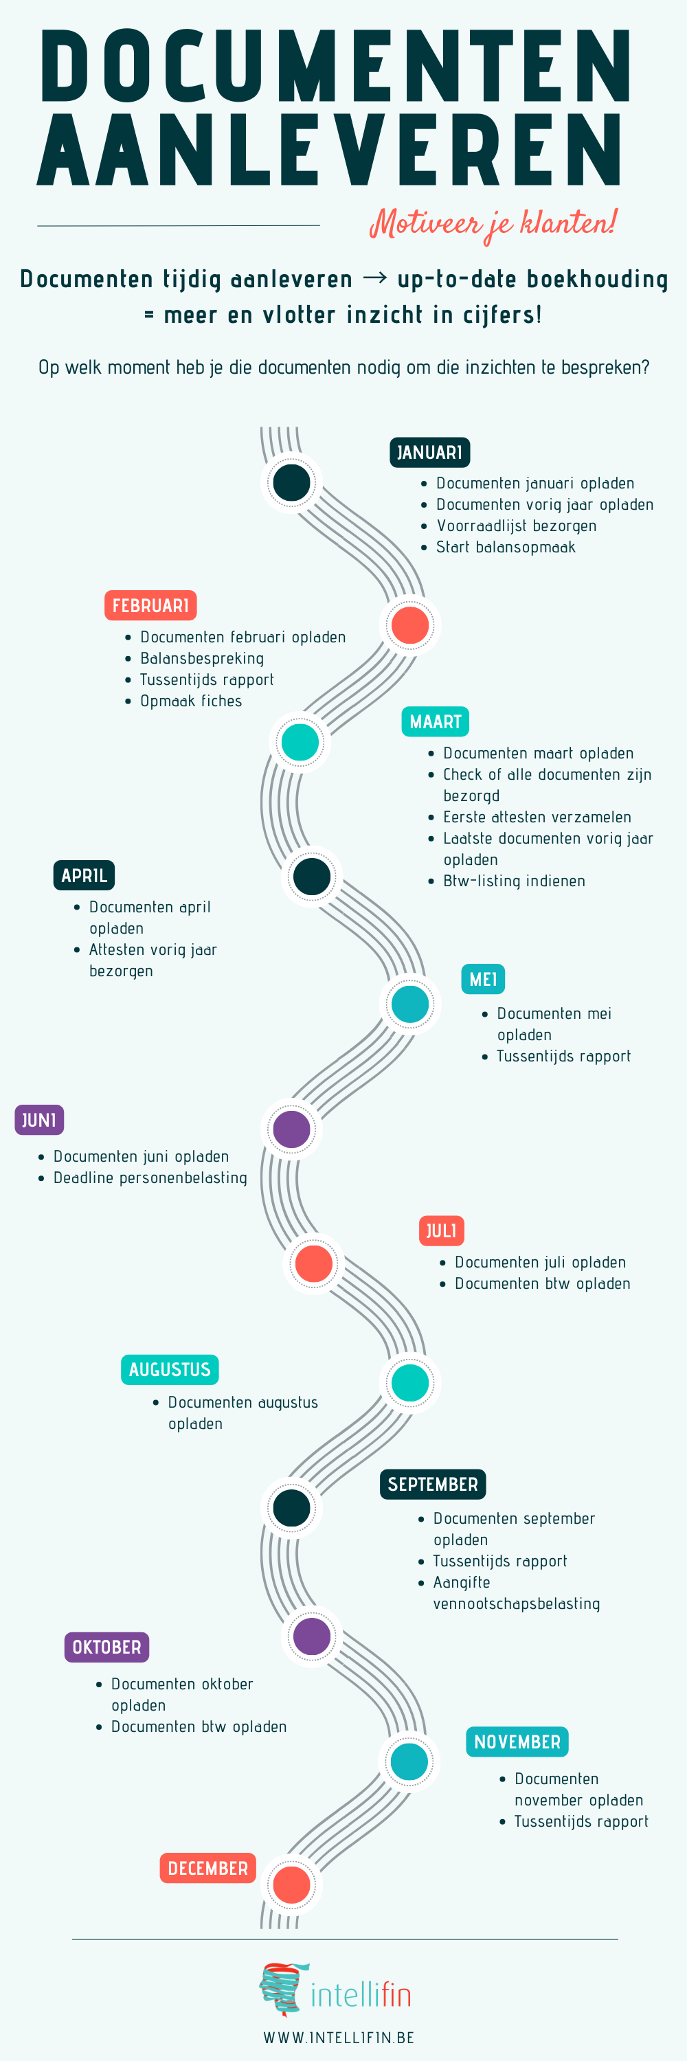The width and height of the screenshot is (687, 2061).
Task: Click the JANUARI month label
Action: click(429, 452)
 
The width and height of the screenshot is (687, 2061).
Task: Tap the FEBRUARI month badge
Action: click(150, 606)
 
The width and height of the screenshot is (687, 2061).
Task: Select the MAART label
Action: click(435, 721)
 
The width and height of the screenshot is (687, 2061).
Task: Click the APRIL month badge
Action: click(84, 875)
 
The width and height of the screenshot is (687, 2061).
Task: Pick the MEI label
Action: click(483, 979)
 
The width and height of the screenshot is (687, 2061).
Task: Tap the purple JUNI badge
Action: click(39, 1120)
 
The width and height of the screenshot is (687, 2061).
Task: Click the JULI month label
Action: click(442, 1230)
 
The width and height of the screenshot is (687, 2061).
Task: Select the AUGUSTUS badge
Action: click(170, 1370)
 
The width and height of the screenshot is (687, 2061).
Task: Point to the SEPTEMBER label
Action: click(433, 1484)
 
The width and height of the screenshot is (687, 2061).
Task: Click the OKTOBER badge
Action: click(106, 1647)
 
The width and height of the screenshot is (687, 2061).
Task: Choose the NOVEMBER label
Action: click(517, 1742)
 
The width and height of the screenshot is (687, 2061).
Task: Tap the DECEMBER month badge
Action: click(208, 1868)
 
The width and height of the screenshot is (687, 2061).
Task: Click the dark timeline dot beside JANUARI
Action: click(292, 482)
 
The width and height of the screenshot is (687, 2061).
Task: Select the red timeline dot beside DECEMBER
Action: click(292, 1884)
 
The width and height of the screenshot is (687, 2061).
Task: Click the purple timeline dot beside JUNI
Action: click(292, 1129)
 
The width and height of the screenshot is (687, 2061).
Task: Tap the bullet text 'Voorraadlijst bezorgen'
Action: click(517, 526)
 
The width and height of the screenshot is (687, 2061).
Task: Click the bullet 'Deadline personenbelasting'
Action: click(150, 1178)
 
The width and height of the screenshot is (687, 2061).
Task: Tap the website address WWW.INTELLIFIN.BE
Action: click(339, 2037)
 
